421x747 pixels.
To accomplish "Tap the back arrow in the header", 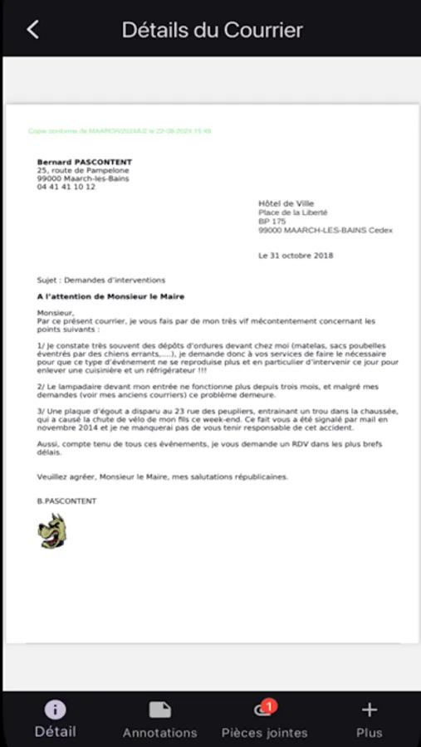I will point(32,30).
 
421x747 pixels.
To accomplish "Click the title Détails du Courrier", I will point(212,30).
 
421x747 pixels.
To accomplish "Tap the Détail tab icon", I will point(55,710).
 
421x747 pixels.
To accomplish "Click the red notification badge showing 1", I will point(268,706).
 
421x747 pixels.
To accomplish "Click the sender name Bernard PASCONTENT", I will point(84,162).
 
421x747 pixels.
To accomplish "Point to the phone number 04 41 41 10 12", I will point(66,187).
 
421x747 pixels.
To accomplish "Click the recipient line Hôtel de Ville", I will point(286,203).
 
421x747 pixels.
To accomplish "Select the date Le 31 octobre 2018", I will point(296,256).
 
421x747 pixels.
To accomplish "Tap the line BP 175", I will point(272,222).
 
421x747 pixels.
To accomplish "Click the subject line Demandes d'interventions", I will point(101,280).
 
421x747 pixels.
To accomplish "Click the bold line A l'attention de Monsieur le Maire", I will point(110,296).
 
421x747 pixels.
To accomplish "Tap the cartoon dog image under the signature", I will point(52,530).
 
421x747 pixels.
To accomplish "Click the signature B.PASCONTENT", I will point(66,501).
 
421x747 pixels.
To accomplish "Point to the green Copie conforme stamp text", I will point(120,131).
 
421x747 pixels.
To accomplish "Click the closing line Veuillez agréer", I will point(163,476).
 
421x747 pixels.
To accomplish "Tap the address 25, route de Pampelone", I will point(83,170).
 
